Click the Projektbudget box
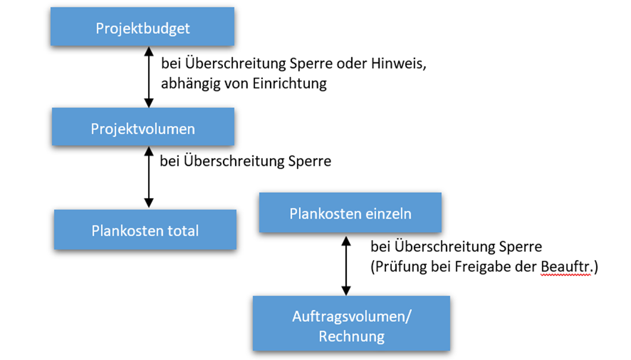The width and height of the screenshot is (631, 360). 143,28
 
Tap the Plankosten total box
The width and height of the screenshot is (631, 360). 145,230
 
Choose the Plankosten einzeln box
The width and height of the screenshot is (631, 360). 350,213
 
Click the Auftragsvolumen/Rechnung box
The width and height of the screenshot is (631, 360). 351,326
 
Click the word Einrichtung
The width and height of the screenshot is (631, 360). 292,83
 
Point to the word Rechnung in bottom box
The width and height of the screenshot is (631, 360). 351,336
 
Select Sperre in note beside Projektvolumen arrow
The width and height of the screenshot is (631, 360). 310,161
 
